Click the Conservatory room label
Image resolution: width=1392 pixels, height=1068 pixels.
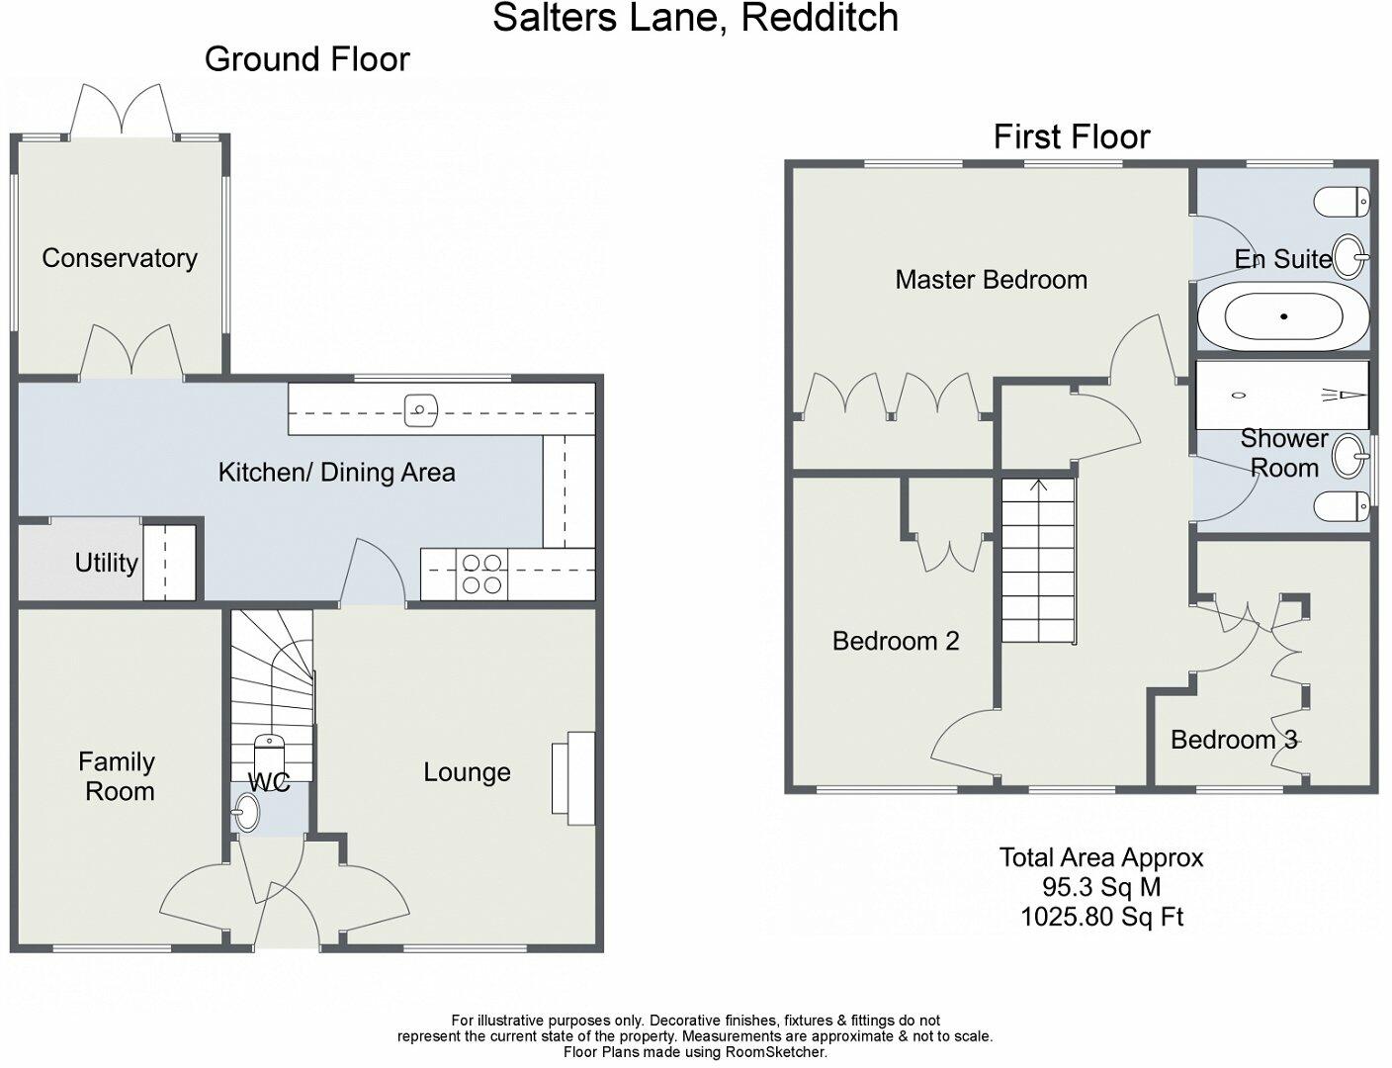tap(120, 258)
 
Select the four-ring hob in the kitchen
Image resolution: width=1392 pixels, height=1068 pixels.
tap(481, 574)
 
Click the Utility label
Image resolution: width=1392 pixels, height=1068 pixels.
tap(107, 563)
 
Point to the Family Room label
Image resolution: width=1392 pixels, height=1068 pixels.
tap(118, 776)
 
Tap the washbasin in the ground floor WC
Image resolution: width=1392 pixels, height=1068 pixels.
tap(245, 813)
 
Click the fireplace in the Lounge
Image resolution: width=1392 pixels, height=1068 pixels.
tap(573, 778)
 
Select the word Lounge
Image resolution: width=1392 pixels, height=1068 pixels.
tap(467, 772)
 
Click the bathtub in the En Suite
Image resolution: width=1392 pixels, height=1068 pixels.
tap(1283, 316)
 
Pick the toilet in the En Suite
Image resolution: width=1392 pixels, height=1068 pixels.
tap(1342, 202)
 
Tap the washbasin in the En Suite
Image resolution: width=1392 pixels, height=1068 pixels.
tap(1349, 257)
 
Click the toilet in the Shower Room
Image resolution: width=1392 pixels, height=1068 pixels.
tap(1342, 506)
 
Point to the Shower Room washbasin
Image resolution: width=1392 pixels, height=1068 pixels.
tap(1349, 456)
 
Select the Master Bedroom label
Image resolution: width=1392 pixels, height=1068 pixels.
tap(991, 280)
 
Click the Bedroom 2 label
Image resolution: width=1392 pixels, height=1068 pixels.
tap(896, 641)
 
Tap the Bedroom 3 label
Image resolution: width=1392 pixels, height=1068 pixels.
tap(1234, 740)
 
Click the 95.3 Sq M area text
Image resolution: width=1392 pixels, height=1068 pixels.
tap(1101, 887)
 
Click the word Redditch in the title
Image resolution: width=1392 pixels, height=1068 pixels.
tap(820, 17)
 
